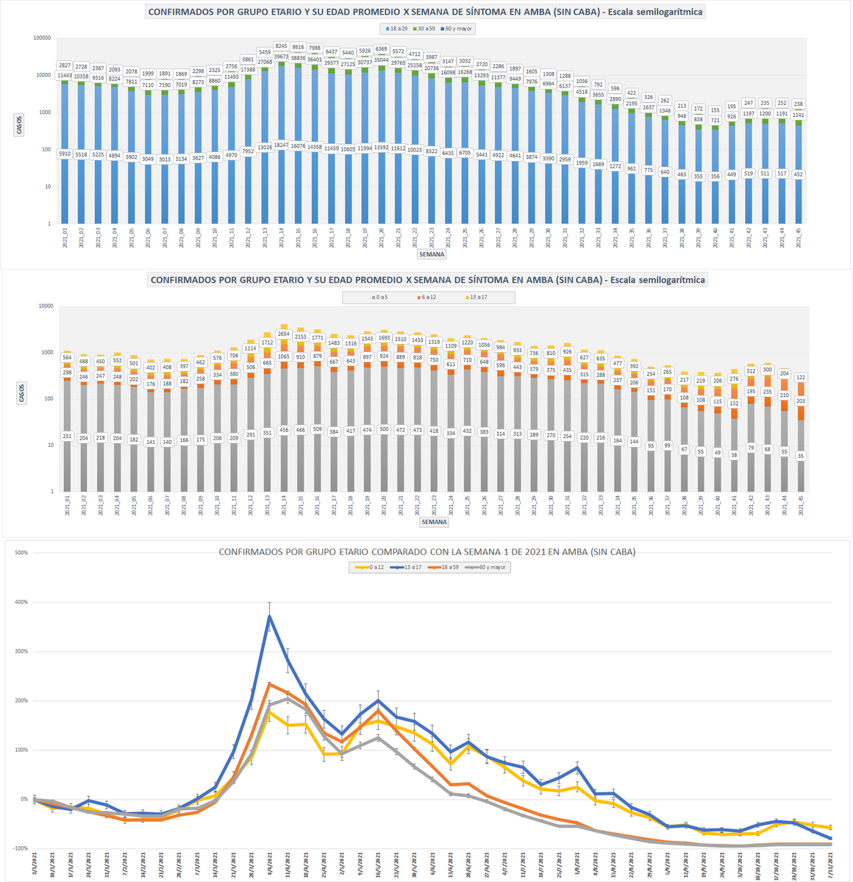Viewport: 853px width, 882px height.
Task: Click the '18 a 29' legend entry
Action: pyautogui.click(x=399, y=29)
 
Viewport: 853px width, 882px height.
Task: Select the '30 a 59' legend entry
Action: pyautogui.click(x=426, y=29)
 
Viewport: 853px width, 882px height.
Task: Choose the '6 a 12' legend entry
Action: pyautogui.click(x=429, y=297)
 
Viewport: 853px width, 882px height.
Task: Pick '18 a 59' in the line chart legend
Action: pyautogui.click(x=449, y=567)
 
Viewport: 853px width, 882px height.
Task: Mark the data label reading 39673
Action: pyautogui.click(x=281, y=57)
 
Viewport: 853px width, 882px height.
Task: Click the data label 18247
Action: pyautogui.click(x=281, y=145)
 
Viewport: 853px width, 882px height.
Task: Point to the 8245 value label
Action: pyautogui.click(x=281, y=46)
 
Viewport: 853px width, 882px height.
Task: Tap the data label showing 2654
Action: pyautogui.click(x=283, y=334)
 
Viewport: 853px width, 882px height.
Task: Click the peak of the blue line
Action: pyautogui.click(x=270, y=615)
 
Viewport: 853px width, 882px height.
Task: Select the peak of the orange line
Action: pyautogui.click(x=270, y=684)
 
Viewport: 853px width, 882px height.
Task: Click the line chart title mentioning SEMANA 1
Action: pyautogui.click(x=426, y=551)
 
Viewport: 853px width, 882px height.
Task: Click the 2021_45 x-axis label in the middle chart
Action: pyautogui.click(x=801, y=508)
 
